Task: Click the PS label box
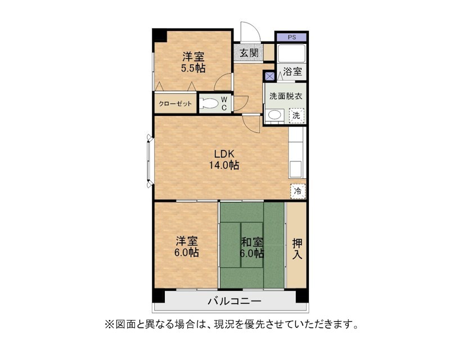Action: (x=292, y=37)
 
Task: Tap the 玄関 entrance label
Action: (x=249, y=53)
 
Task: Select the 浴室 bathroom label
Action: (x=292, y=71)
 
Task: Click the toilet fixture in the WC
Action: (x=208, y=103)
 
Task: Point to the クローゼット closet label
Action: (x=175, y=103)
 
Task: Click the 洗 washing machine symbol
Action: (x=296, y=115)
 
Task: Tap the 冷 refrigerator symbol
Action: (x=298, y=191)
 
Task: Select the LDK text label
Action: (x=224, y=154)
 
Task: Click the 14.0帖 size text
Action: (x=224, y=165)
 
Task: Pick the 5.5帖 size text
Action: (x=193, y=68)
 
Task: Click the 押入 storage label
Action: (x=297, y=249)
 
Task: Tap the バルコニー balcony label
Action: (x=235, y=301)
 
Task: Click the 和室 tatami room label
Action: (x=251, y=242)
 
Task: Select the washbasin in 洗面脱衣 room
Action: (x=274, y=115)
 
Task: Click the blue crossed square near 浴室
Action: (x=270, y=76)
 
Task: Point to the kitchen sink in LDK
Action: (x=296, y=169)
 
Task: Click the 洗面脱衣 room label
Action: (x=286, y=96)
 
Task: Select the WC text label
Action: (x=224, y=103)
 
